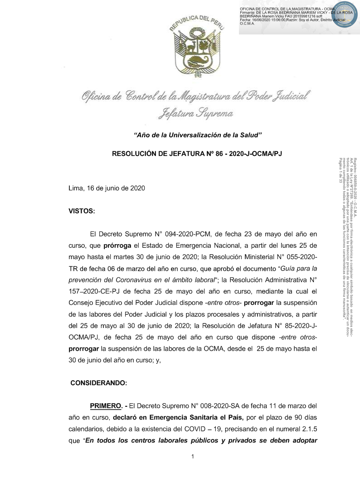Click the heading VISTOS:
(82, 211)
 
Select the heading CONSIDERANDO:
(99, 383)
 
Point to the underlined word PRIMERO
(106, 405)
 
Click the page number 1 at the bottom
(193, 456)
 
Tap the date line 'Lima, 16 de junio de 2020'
(107, 188)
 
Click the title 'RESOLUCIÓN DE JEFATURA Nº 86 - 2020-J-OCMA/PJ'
(197, 154)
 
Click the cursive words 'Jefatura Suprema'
(195, 112)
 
